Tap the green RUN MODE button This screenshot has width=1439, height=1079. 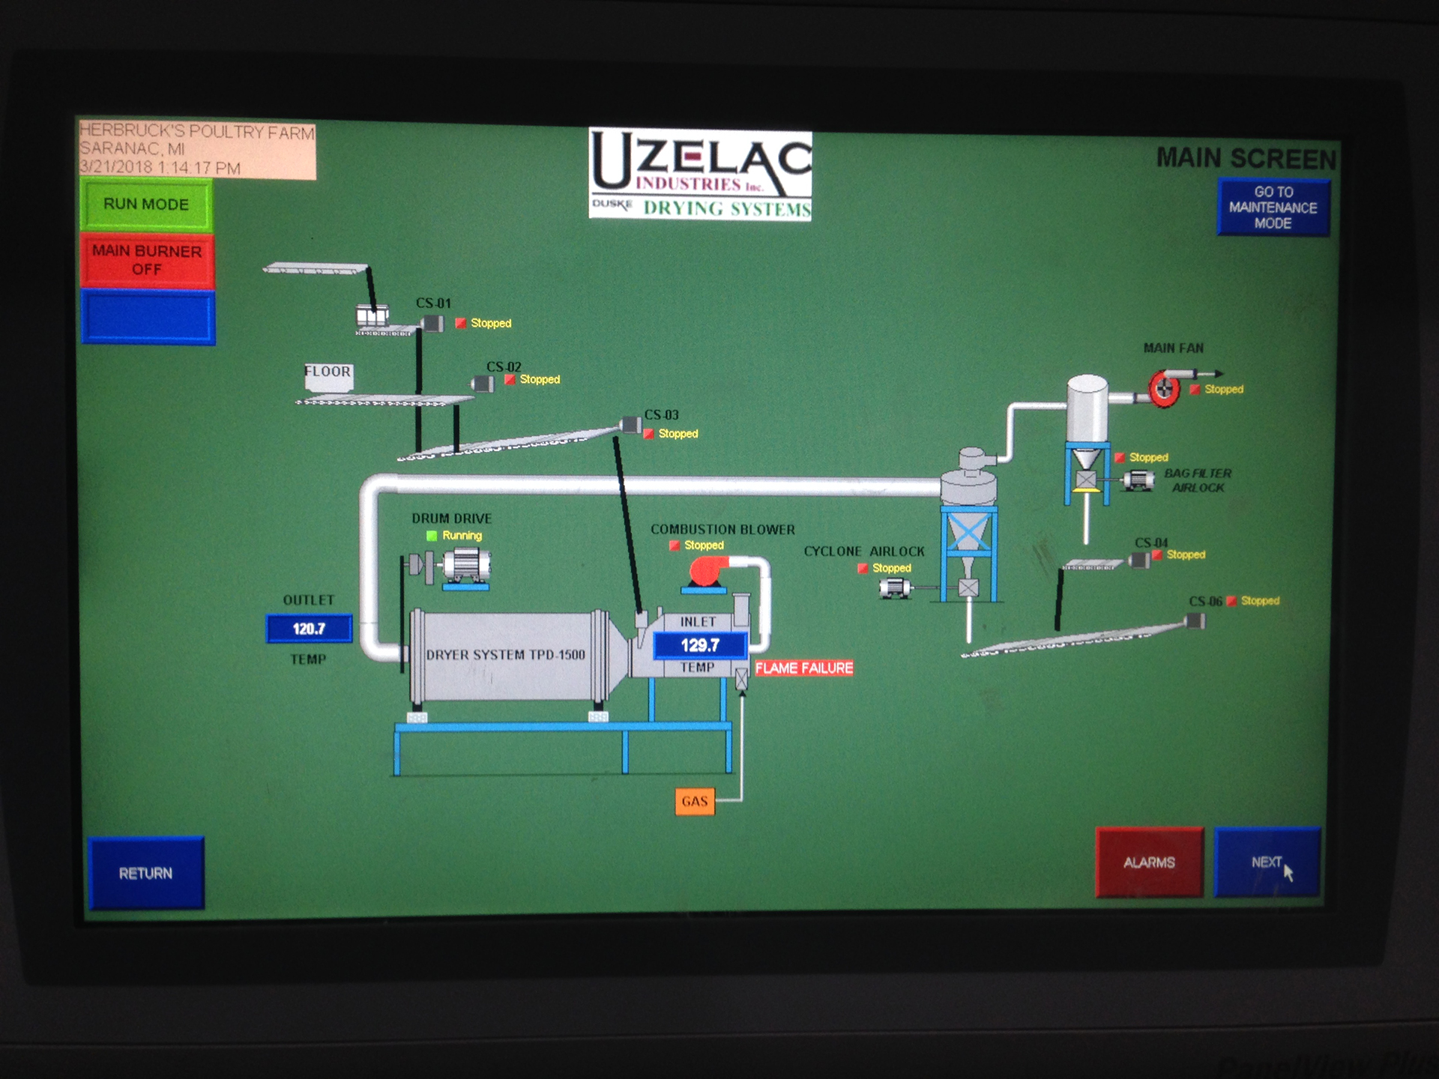tap(146, 205)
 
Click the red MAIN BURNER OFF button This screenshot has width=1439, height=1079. tap(147, 260)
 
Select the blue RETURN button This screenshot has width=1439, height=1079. tap(146, 873)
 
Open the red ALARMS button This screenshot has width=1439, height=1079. tap(1149, 862)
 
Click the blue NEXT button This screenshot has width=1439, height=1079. tap(1267, 862)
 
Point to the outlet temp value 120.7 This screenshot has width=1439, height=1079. tap(309, 629)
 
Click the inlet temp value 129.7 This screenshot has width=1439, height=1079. tap(700, 645)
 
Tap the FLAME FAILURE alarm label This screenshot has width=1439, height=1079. tap(804, 668)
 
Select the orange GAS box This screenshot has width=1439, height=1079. tap(695, 801)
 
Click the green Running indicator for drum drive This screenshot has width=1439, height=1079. tap(432, 536)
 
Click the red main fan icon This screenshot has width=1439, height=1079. tap(1164, 388)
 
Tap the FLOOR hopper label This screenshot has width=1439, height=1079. tap(328, 372)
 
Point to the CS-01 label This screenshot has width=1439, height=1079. tap(434, 303)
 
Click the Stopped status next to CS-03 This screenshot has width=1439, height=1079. tap(678, 434)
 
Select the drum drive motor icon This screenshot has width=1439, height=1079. tap(466, 566)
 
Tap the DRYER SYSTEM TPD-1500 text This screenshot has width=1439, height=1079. tap(505, 655)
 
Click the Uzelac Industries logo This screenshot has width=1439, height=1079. tap(700, 175)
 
